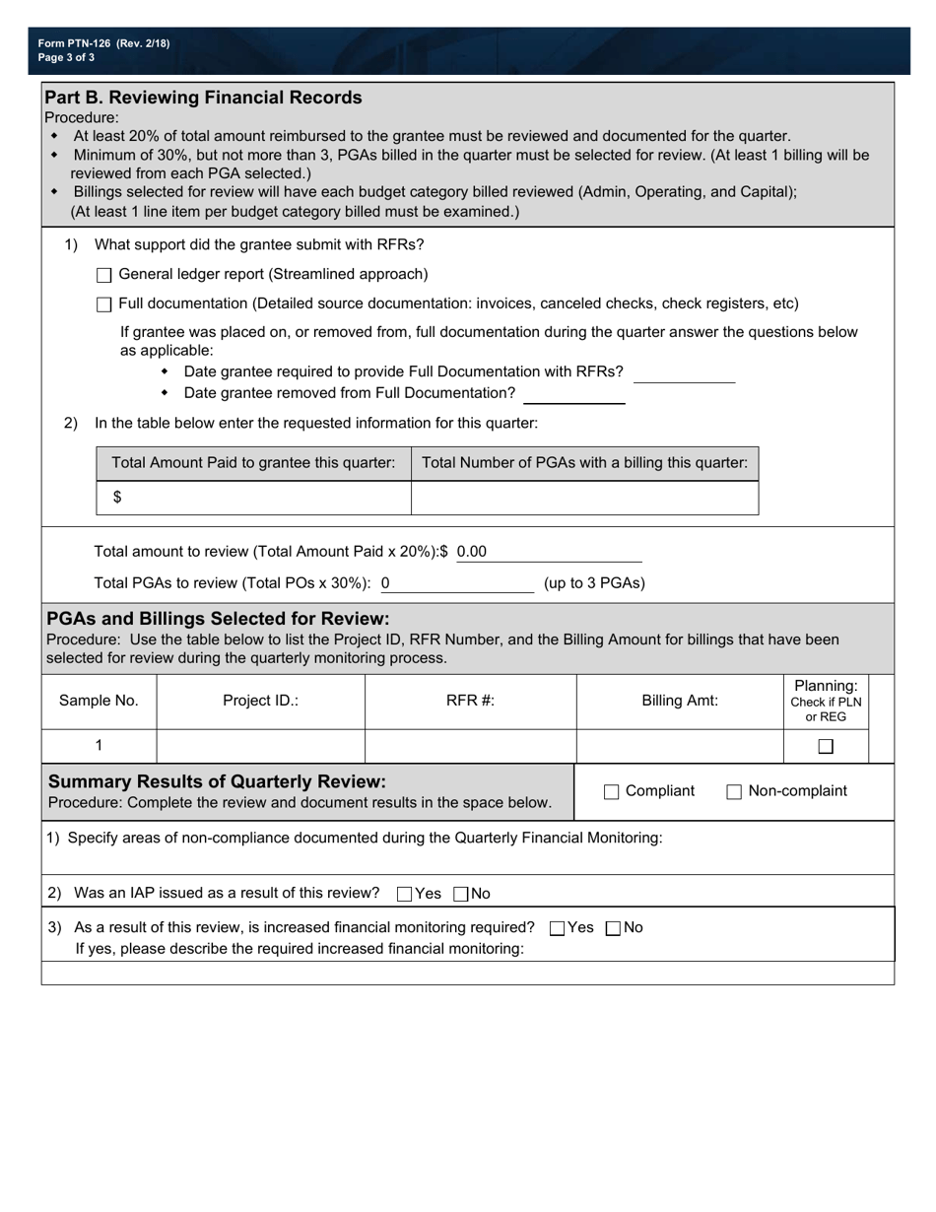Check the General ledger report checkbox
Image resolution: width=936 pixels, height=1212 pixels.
104,275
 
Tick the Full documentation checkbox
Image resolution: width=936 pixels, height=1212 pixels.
104,304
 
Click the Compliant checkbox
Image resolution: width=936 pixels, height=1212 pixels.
611,792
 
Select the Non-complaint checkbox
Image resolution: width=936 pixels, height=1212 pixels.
734,792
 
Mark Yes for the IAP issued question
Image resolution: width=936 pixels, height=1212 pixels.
404,895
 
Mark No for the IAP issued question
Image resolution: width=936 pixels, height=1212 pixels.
461,895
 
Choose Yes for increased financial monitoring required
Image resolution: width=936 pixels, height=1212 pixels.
558,928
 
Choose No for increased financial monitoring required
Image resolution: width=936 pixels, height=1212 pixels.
614,928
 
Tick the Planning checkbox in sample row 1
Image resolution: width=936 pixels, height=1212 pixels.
826,747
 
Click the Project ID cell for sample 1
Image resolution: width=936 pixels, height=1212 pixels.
260,746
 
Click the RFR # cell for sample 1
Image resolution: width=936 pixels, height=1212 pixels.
470,746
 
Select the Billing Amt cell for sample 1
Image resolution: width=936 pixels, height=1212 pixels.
679,746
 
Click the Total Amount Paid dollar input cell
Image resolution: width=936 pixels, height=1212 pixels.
261,498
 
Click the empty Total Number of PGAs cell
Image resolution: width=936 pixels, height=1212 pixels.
584,498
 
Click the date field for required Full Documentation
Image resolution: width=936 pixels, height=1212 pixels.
684,372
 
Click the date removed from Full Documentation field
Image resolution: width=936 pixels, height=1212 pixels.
574,394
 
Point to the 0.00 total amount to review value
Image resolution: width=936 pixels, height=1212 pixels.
472,552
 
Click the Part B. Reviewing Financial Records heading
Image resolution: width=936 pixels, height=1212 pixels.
204,98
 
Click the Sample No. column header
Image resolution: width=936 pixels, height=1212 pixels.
99,701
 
